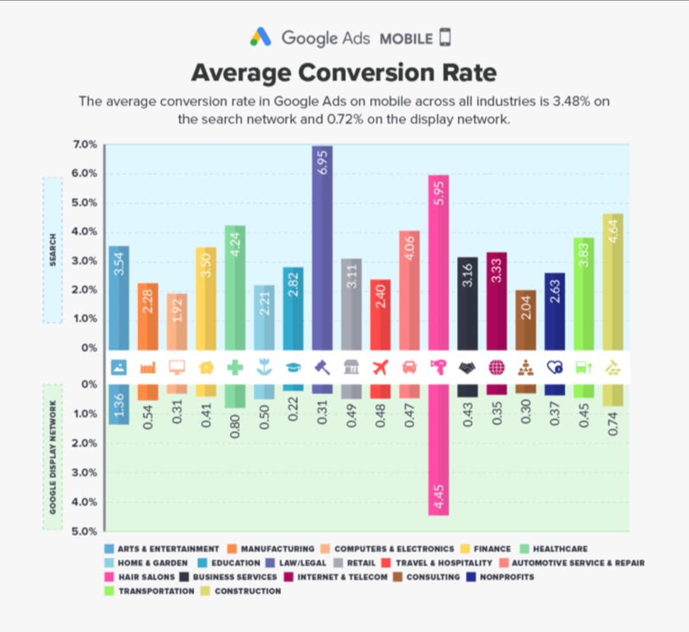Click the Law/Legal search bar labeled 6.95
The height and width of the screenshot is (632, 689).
322,248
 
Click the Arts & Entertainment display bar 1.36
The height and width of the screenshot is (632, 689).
119,404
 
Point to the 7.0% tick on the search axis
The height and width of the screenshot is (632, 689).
85,145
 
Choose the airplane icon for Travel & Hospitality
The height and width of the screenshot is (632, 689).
380,367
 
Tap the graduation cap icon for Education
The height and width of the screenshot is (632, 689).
293,367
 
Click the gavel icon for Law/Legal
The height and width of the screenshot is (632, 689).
322,367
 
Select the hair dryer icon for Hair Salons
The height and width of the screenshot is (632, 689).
439,367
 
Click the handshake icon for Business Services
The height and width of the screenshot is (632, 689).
467,367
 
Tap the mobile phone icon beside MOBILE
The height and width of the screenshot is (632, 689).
444,38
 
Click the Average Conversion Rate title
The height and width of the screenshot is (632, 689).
344,72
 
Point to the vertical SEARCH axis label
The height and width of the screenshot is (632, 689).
53,250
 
